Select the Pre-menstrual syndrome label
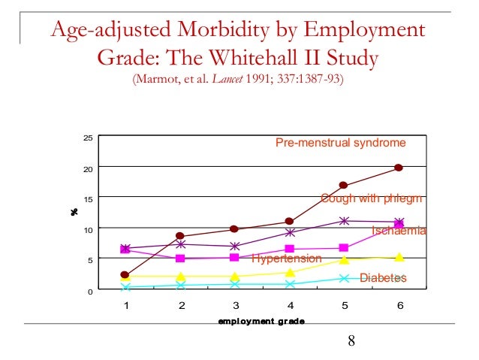pos(340,143)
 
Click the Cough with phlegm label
pos(372,198)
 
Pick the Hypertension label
pos(286,259)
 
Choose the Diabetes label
pos(383,278)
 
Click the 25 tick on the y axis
pos(88,138)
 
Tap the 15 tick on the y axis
pos(88,199)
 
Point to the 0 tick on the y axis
pos(90,291)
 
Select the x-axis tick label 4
pos(291,306)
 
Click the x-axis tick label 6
pos(399,306)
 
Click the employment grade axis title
pos(261,322)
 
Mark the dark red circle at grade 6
pos(399,168)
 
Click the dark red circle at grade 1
pos(125,275)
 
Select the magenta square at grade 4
pos(290,249)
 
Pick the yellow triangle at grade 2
pos(180,277)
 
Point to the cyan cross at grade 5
pos(345,278)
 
